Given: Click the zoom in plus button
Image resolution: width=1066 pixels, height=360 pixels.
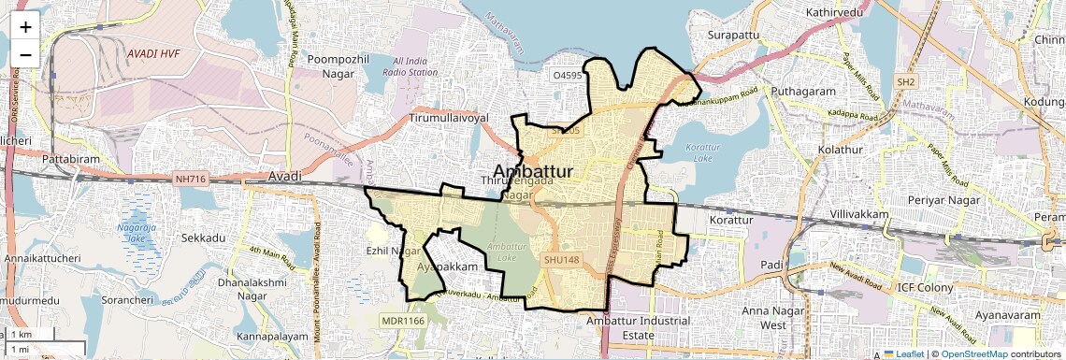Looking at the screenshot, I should pyautogui.click(x=25, y=26).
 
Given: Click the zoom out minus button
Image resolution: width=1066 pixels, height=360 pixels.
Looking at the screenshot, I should pyautogui.click(x=25, y=54).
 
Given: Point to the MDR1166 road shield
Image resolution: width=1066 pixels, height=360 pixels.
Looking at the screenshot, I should pyautogui.click(x=403, y=321).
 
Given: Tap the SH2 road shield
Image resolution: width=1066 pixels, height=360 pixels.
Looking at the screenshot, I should pyautogui.click(x=905, y=82).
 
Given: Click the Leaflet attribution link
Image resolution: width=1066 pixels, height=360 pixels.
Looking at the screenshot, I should pyautogui.click(x=904, y=353).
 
